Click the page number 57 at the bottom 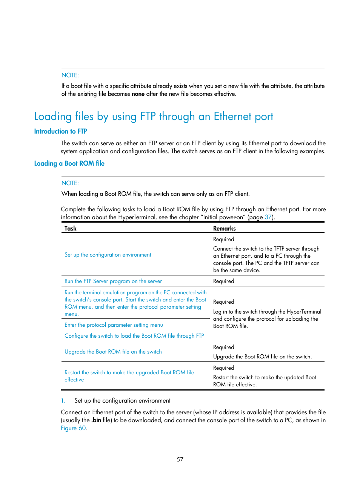tap(180, 459)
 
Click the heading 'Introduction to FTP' tap(60, 131)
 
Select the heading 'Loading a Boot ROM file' tap(69, 163)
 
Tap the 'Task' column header tap(70, 228)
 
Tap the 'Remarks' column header tap(224, 228)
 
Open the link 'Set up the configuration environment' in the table tap(108, 255)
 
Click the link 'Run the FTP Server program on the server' tap(113, 281)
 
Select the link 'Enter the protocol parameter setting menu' tap(114, 325)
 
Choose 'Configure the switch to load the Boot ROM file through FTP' tap(134, 336)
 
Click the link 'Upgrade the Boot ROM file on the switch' tap(113, 352)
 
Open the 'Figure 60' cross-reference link tap(73, 428)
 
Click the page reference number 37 tap(268, 217)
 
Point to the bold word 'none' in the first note tap(138, 94)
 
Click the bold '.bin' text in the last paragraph tap(96, 420)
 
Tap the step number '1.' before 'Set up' tap(63, 401)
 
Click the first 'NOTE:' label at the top tap(70, 75)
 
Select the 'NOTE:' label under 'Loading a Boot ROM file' tap(70, 183)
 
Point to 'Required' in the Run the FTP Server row tap(223, 281)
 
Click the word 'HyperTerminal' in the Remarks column tap(304, 312)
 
